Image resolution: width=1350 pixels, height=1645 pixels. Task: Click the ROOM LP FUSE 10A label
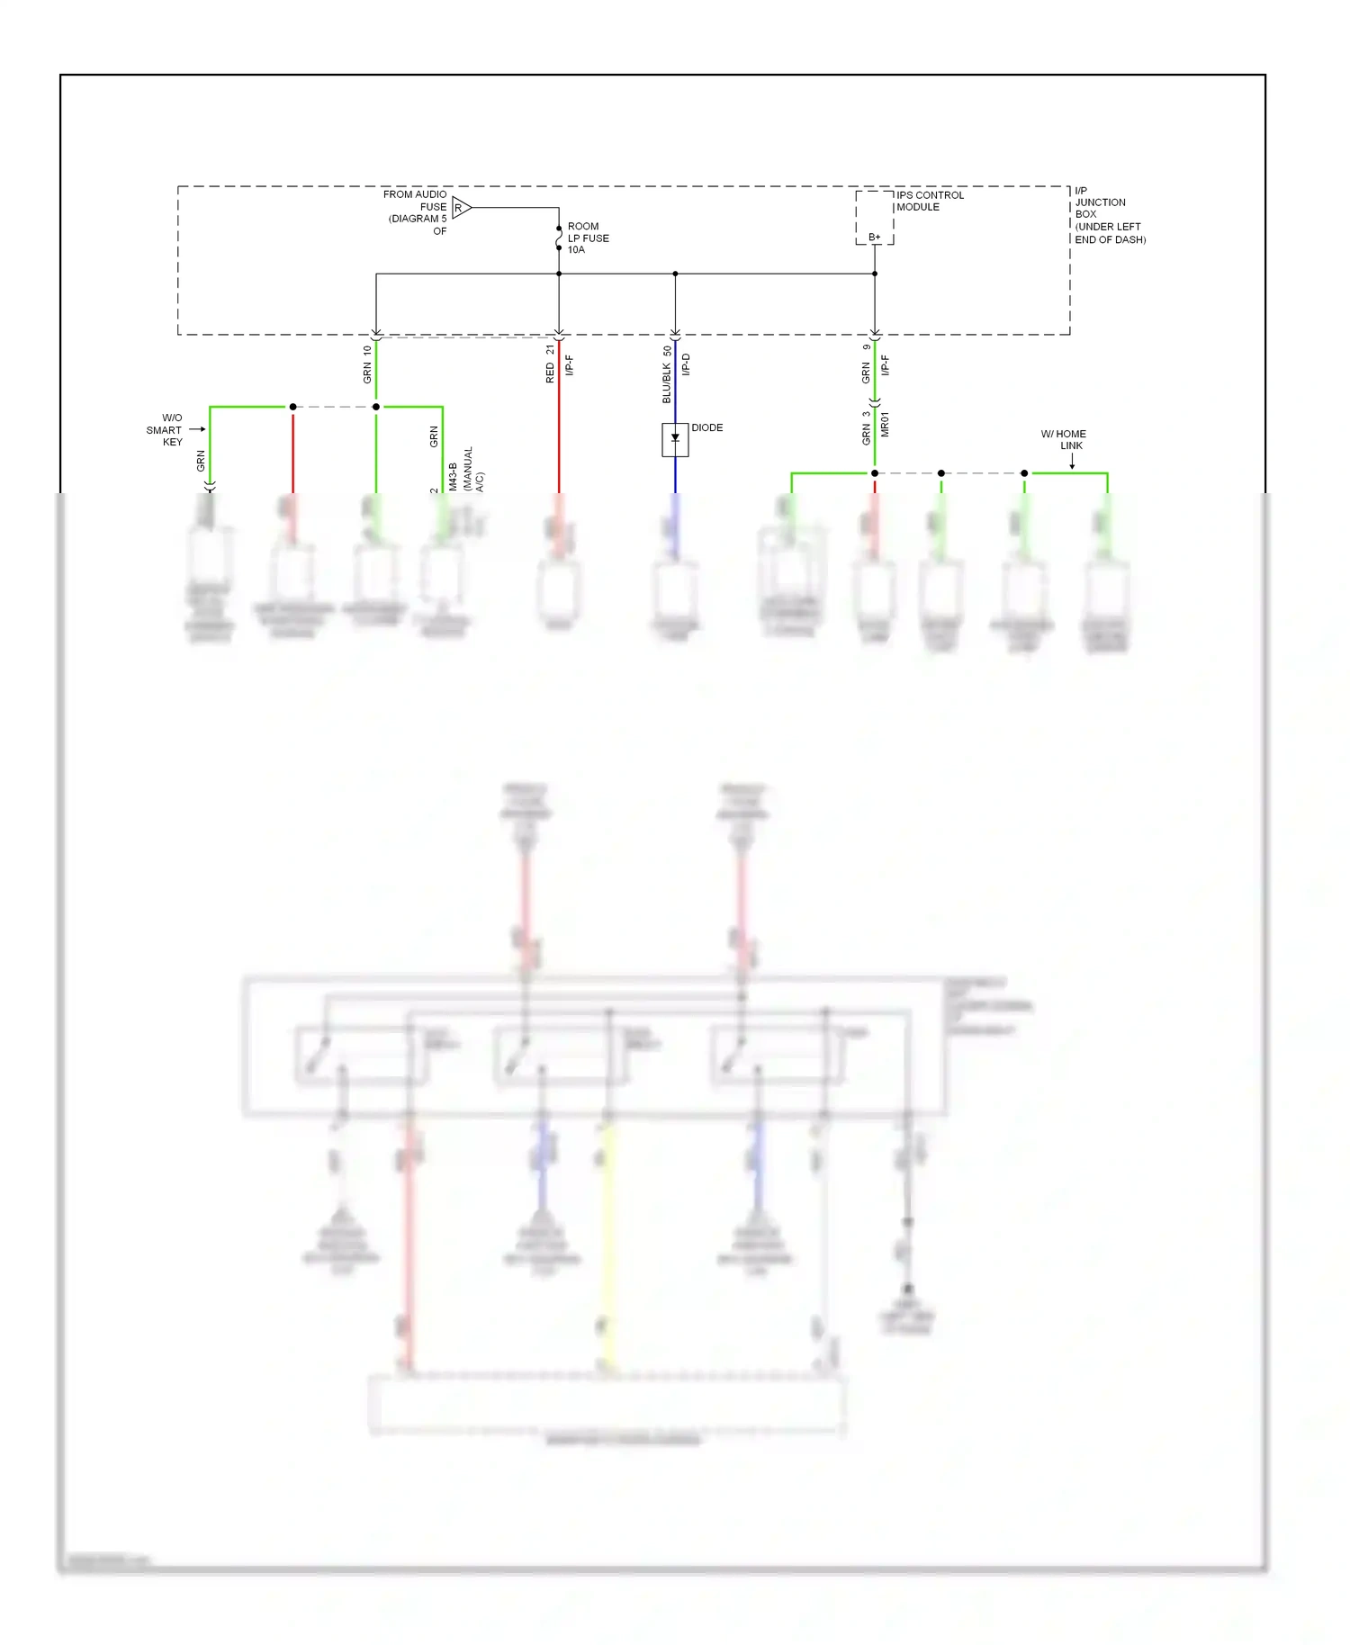[x=588, y=238]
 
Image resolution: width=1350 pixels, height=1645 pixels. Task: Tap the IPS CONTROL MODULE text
[x=929, y=201]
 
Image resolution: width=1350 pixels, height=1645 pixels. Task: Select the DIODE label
[x=706, y=427]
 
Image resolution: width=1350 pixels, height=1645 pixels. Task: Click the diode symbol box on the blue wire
[x=675, y=440]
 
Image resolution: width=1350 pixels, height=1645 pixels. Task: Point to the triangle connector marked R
[x=461, y=208]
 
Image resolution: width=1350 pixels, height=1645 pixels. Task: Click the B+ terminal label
[x=874, y=238]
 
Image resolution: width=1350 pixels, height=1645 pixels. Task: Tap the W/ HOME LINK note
[x=1064, y=440]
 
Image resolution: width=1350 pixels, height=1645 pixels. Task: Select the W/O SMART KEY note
[x=166, y=430]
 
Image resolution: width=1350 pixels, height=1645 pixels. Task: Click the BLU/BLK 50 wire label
[x=667, y=374]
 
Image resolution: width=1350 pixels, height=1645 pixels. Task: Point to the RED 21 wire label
[x=550, y=364]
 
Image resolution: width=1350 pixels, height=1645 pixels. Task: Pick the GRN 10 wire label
[x=367, y=364]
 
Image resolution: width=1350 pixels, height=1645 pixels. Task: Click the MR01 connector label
[x=885, y=425]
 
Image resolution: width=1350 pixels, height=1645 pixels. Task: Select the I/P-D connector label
[x=686, y=364]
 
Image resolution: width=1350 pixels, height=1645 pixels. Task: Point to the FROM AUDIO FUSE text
[x=417, y=212]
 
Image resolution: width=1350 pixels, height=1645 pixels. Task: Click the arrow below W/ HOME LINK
[x=1072, y=461]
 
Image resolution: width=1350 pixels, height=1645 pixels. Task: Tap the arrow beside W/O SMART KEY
[x=197, y=429]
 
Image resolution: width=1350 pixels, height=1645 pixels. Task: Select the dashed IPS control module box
[x=874, y=217]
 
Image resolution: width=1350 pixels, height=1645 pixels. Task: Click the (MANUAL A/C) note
[x=473, y=469]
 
